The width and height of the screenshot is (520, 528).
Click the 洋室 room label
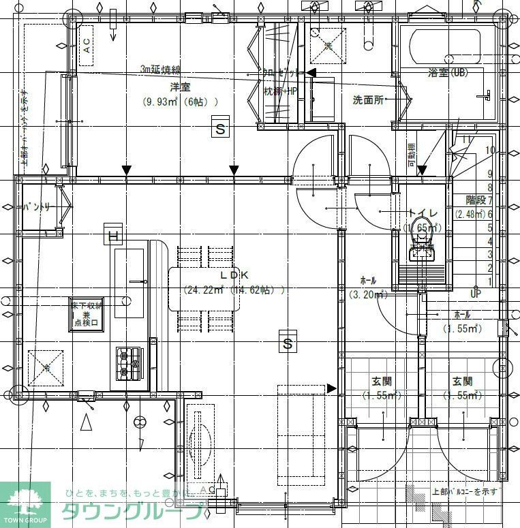point(180,88)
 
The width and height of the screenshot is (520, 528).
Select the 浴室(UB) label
point(447,72)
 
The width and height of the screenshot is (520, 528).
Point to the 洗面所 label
point(368,100)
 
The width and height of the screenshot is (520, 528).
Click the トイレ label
point(423,213)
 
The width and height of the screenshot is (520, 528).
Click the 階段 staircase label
point(475,200)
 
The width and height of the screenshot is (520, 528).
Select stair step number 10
point(489,150)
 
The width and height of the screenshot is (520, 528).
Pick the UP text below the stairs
point(476,294)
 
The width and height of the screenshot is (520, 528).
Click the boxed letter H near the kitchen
point(114,236)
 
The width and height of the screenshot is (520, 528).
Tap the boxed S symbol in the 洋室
point(219,128)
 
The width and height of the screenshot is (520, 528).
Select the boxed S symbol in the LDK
point(288,344)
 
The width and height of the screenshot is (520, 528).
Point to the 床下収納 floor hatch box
point(87,314)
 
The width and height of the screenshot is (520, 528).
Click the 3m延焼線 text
point(160,69)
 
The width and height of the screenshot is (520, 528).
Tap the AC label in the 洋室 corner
point(87,46)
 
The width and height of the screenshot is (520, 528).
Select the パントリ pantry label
point(36,206)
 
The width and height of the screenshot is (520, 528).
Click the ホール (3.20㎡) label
point(368,280)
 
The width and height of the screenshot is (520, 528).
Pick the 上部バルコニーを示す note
point(466,491)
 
